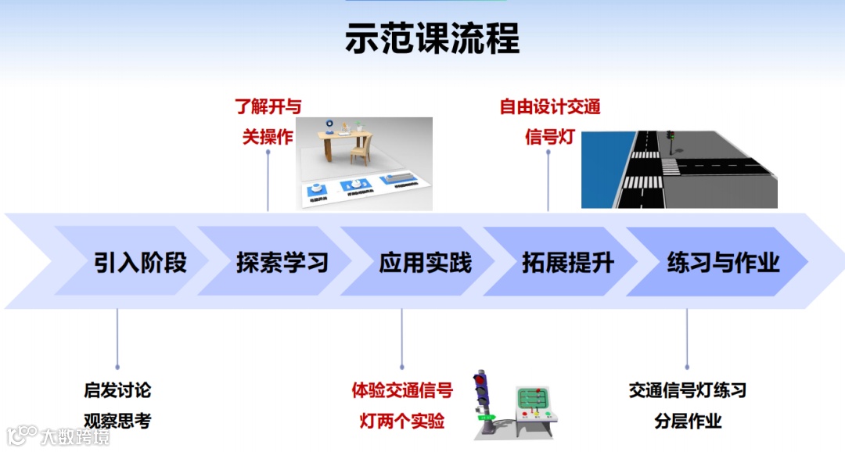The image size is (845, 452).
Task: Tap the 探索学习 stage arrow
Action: click(x=282, y=262)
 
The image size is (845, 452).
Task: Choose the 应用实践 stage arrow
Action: click(x=426, y=262)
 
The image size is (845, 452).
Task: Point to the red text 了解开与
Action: click(x=268, y=106)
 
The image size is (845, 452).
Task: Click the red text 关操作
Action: click(x=268, y=137)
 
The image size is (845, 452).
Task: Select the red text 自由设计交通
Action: click(x=550, y=106)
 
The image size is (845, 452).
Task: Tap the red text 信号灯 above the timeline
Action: click(x=550, y=137)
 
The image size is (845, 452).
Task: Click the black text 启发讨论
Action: click(x=117, y=389)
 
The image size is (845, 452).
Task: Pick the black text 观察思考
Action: click(x=117, y=421)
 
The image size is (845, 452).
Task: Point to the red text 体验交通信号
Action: click(x=402, y=389)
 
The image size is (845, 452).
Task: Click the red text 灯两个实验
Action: click(x=402, y=421)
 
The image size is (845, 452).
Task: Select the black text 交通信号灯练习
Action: click(x=688, y=389)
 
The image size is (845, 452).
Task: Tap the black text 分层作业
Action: click(x=688, y=421)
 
